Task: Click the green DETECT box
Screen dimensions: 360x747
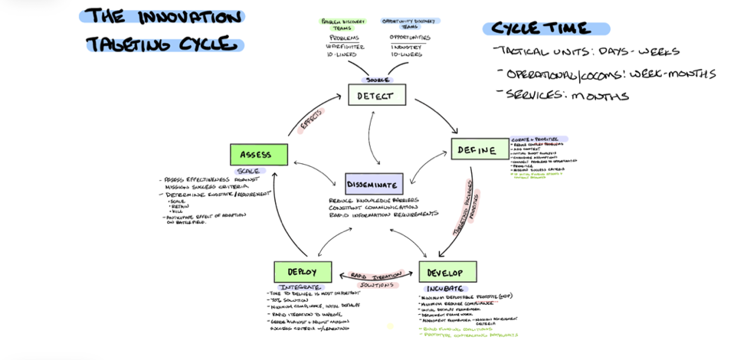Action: coord(376,95)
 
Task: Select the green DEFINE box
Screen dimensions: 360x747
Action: coord(479,149)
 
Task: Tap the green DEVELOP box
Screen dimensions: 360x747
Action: coord(447,272)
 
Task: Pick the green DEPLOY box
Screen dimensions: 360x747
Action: coord(303,272)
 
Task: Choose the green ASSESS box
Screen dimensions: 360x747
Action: coord(258,155)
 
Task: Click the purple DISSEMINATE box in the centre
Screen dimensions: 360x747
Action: coord(373,185)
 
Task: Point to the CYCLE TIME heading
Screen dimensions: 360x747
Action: coord(545,29)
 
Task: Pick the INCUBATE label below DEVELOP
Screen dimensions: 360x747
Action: coord(444,289)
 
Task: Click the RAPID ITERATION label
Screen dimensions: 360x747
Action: coord(375,275)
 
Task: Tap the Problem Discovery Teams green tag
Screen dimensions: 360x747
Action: coord(342,24)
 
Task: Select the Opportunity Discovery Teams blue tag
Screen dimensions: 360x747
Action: coord(410,24)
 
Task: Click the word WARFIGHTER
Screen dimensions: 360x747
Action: coord(344,46)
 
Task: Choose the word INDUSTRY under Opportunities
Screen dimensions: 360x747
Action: coord(406,46)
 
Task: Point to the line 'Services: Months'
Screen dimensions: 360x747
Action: coord(566,96)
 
